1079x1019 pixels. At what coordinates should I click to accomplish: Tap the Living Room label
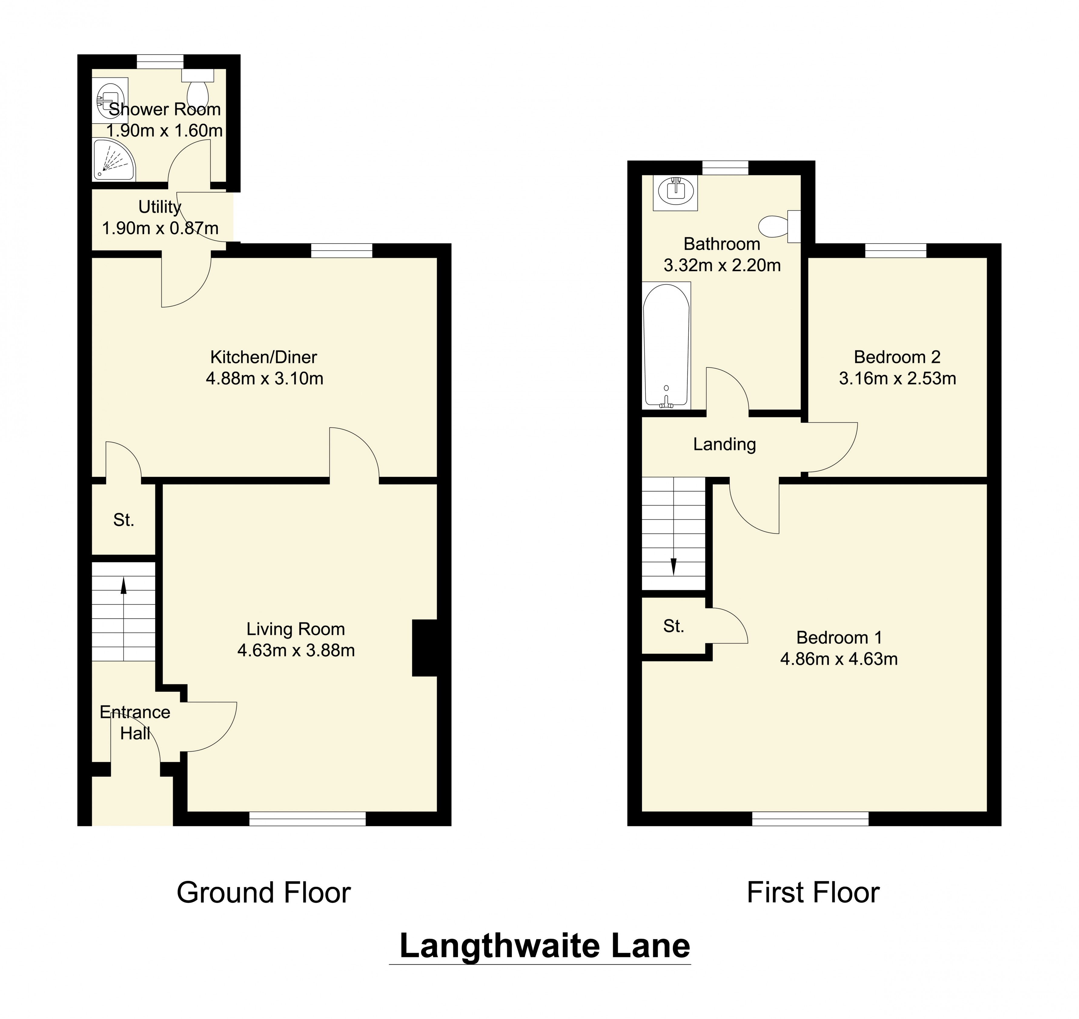click(x=296, y=629)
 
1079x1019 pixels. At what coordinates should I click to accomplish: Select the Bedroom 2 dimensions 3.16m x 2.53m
click(x=897, y=378)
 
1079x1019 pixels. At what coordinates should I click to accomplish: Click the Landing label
click(x=724, y=444)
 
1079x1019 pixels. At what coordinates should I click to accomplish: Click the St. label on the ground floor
click(x=123, y=520)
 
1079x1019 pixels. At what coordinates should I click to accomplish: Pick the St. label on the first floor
click(x=673, y=626)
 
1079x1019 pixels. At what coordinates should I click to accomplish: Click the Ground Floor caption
click(x=263, y=892)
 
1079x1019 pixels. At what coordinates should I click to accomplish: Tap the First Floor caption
click(x=813, y=892)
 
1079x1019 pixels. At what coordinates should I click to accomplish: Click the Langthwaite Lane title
click(x=544, y=946)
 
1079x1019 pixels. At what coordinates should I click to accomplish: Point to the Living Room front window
click(x=307, y=819)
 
